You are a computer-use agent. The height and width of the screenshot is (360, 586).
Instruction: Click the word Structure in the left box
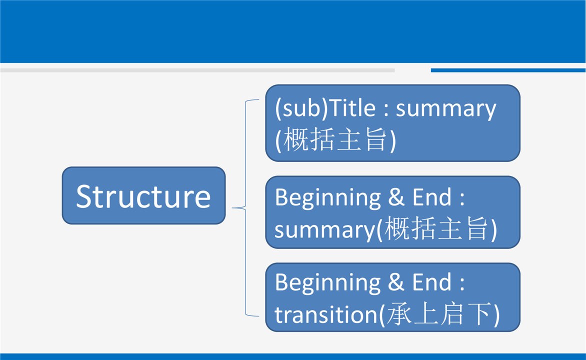(143, 196)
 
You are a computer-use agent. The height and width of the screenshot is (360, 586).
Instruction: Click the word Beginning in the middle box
(328, 198)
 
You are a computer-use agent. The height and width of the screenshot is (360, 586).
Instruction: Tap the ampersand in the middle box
(396, 197)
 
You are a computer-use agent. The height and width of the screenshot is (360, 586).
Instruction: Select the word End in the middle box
(431, 197)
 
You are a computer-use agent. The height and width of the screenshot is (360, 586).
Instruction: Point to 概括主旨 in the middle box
(436, 228)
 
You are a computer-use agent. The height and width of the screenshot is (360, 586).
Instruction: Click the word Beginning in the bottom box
(328, 283)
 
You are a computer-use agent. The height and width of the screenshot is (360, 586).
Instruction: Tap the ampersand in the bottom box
(396, 282)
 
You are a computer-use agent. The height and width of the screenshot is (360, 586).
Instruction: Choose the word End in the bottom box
(431, 282)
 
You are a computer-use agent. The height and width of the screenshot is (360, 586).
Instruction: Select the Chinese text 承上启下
(438, 313)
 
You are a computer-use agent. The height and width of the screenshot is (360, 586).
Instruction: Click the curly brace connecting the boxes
(245, 207)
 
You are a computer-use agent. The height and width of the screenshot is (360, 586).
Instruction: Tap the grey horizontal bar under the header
(197, 70)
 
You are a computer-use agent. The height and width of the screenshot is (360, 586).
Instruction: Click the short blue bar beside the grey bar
(508, 70)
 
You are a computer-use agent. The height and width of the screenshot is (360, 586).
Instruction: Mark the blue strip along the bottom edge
(293, 356)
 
